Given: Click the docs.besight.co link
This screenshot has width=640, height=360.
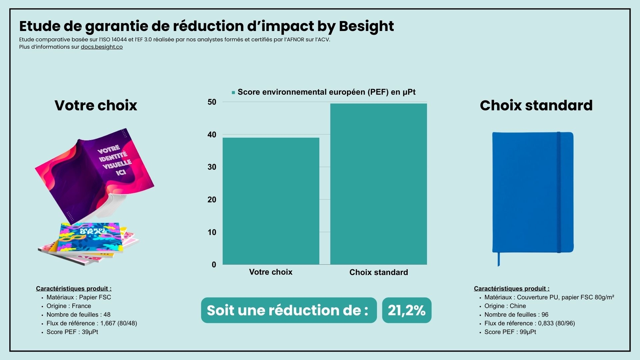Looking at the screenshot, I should pyautogui.click(x=102, y=47).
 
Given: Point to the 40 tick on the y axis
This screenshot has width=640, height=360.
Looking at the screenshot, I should pyautogui.click(x=212, y=135).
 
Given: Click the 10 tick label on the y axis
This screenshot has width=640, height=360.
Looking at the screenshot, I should pyautogui.click(x=212, y=232).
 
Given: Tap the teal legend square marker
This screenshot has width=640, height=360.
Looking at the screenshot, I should pyautogui.click(x=233, y=92).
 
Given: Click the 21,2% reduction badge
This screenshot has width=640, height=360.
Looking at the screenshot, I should pyautogui.click(x=406, y=310).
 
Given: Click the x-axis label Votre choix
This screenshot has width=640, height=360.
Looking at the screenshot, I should pyautogui.click(x=271, y=272).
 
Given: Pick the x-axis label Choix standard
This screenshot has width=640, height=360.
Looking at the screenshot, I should pyautogui.click(x=378, y=272).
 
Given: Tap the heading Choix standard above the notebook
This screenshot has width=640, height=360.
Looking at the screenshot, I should pyautogui.click(x=536, y=105).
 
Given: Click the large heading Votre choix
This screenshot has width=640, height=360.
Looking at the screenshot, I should pyautogui.click(x=96, y=105).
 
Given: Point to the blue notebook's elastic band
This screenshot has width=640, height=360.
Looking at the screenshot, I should pyautogui.click(x=559, y=192).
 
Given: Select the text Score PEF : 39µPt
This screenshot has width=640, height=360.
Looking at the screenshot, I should pyautogui.click(x=72, y=332).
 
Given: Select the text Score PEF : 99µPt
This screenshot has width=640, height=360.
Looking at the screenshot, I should pyautogui.click(x=510, y=332).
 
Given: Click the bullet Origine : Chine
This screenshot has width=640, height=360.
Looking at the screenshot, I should pyautogui.click(x=505, y=306).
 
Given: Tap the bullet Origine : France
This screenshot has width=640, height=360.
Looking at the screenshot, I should pyautogui.click(x=69, y=306).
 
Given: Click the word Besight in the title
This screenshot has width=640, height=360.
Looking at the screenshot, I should pyautogui.click(x=366, y=26).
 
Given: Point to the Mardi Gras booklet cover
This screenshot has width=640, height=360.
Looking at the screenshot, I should pyautogui.click(x=90, y=237).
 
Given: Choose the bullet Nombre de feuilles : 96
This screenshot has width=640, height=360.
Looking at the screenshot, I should pyautogui.click(x=516, y=315).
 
